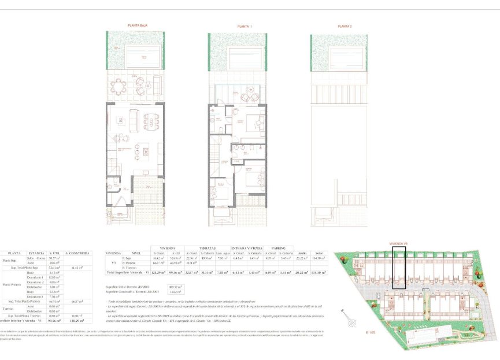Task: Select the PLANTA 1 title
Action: (x=245, y=27)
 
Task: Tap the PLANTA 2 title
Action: (x=345, y=27)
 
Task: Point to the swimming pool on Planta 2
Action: (x=345, y=57)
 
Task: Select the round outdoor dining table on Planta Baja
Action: (x=120, y=88)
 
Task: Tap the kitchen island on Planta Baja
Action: (x=146, y=152)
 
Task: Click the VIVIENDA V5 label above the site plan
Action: (x=399, y=243)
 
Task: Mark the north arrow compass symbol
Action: (x=345, y=317)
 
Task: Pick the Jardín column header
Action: (x=302, y=253)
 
